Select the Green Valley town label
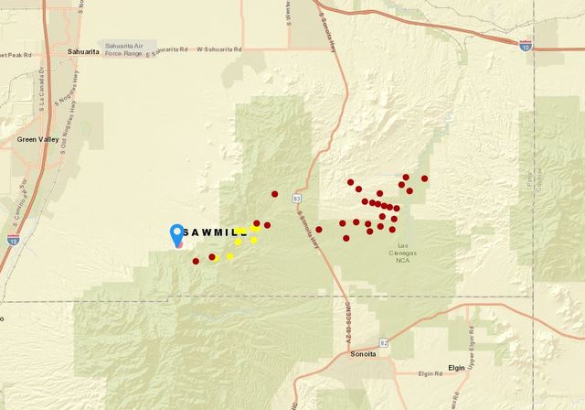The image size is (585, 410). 37,140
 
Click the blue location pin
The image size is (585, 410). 177,234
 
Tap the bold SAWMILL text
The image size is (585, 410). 215,232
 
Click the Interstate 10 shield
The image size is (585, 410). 525,43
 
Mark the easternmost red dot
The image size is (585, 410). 425,178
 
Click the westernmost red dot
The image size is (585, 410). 196,261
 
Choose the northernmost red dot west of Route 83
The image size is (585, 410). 275,194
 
